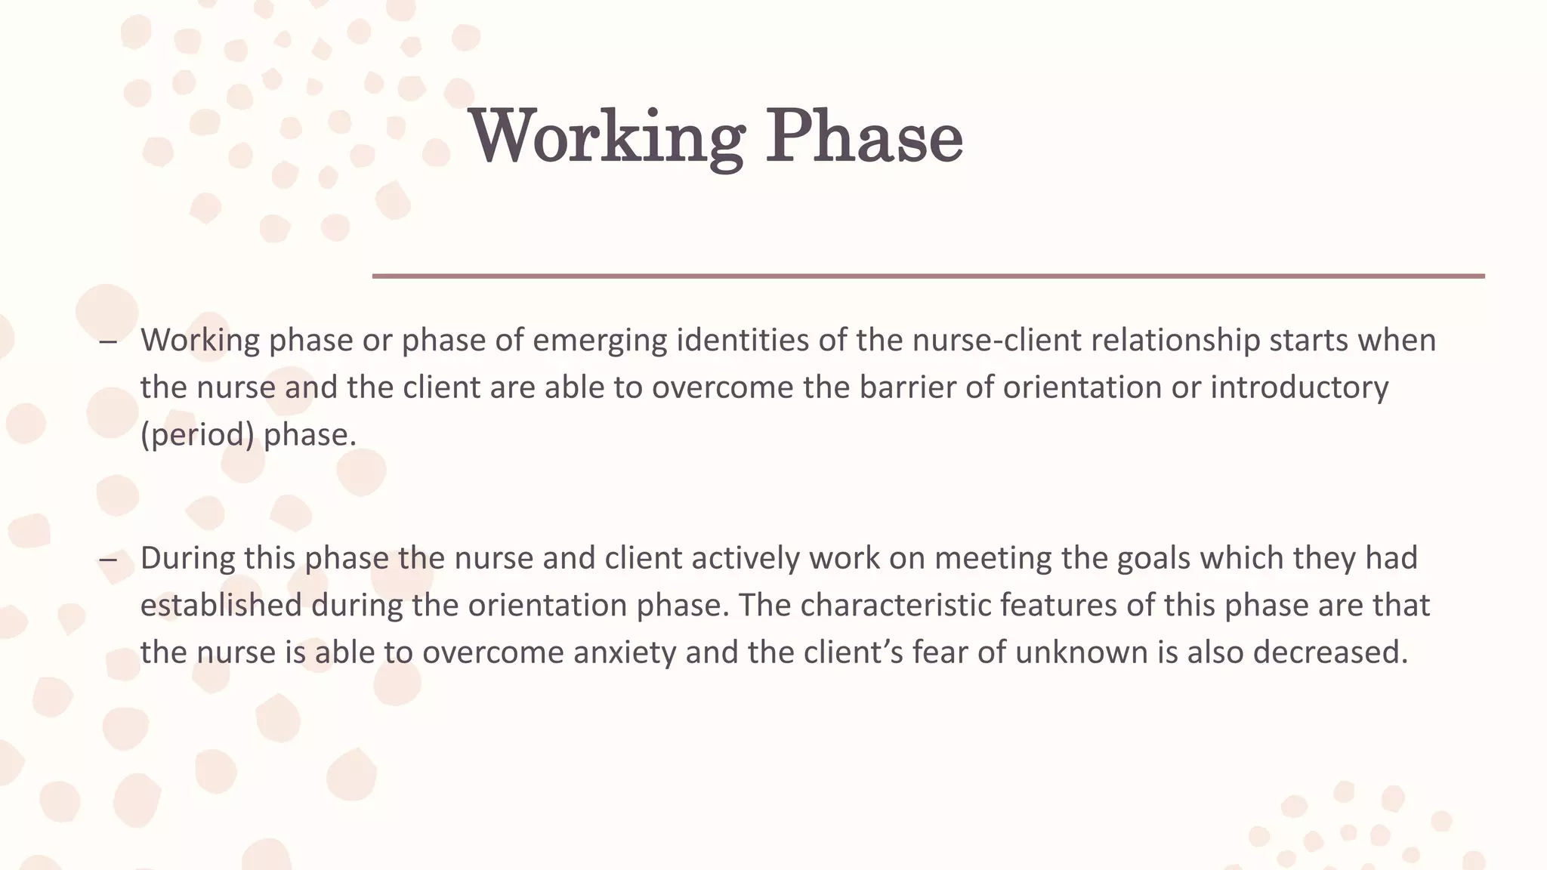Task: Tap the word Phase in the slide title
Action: coord(864,137)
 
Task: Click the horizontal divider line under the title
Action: coord(928,276)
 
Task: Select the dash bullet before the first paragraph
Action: coord(108,341)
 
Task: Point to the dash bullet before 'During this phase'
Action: coord(108,560)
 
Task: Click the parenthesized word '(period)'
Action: coord(197,435)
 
